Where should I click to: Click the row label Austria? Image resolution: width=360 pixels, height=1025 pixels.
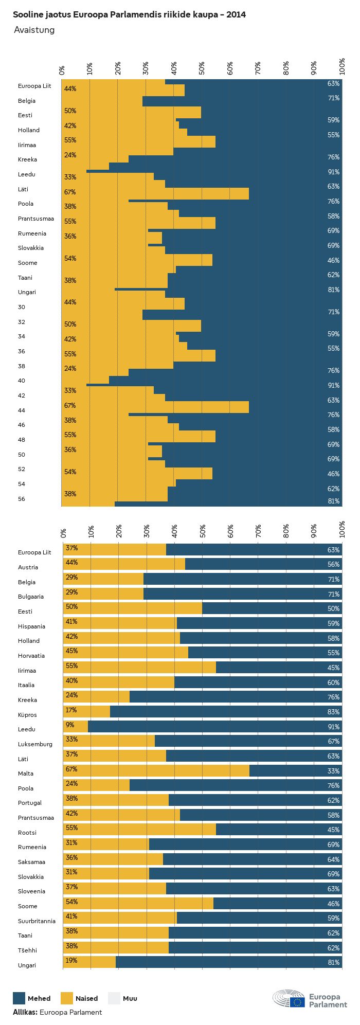coord(28,567)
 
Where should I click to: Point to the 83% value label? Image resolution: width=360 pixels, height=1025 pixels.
coord(333,712)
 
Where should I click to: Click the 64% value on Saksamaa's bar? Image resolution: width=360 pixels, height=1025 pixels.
coord(333,859)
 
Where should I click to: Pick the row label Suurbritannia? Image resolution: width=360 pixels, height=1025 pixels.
coord(37,921)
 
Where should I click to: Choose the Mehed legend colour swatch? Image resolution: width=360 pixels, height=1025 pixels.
coord(19,998)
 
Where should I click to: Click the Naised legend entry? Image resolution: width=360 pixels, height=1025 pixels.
coord(86,998)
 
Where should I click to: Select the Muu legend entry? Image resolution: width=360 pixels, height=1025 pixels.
coord(130,998)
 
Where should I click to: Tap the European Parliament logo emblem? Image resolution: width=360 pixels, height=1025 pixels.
coord(289,998)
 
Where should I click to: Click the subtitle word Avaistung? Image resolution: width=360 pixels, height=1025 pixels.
coord(34,30)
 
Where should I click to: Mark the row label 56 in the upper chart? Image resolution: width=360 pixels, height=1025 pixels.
coord(21,499)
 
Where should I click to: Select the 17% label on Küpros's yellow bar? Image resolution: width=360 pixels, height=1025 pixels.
coord(71,710)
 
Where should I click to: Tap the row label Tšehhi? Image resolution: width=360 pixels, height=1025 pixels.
coord(27,950)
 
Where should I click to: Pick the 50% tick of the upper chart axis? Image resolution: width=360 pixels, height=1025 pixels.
coord(202,67)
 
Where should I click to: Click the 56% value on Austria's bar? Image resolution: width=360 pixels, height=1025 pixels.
coord(333,564)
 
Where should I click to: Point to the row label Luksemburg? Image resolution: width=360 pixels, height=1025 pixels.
coord(35,744)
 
